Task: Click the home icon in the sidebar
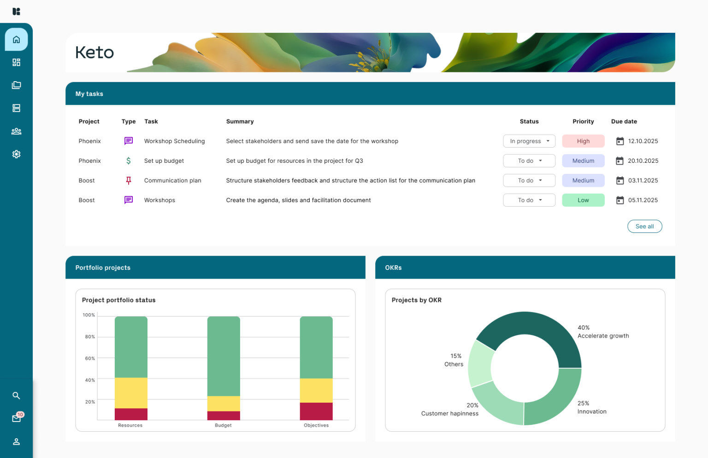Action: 16,40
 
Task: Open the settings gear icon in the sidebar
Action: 16,154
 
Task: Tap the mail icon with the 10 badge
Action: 17,418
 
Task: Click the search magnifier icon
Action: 16,396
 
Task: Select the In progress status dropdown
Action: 529,141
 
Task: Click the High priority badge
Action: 583,141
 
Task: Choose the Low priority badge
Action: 583,200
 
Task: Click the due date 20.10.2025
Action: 643,161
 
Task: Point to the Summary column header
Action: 240,121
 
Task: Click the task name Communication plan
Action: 172,180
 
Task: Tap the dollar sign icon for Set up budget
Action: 129,161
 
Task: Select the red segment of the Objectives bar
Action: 316,411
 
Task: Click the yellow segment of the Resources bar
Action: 131,393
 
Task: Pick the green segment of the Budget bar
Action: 224,356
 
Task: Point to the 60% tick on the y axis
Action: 90,358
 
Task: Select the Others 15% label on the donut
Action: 454,360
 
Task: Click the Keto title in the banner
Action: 94,53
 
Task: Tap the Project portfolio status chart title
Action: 118,300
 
